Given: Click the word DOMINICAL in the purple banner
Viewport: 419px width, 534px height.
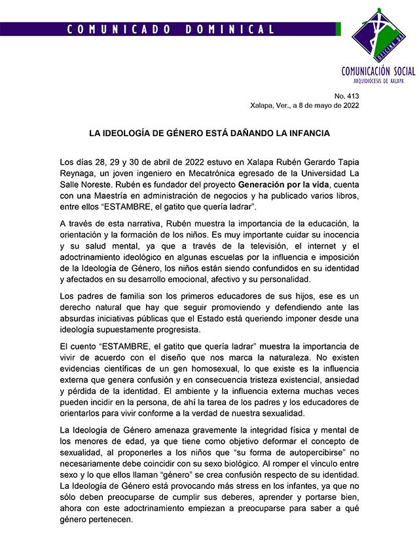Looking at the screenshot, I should click(x=230, y=29).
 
